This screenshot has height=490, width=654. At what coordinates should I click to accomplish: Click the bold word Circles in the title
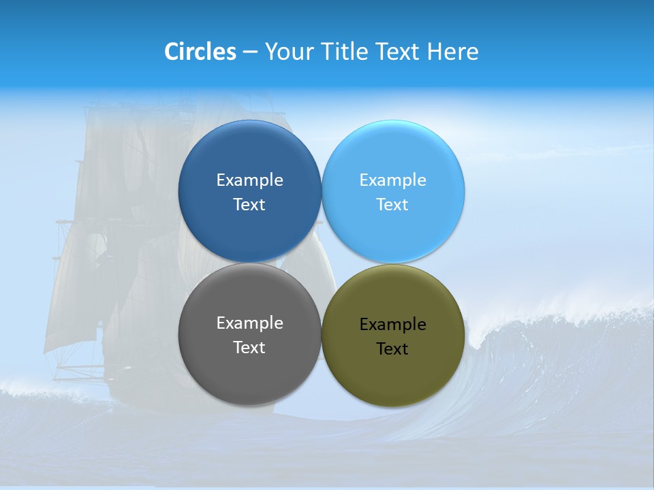pos(200,52)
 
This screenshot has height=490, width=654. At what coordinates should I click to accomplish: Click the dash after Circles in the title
pos(250,52)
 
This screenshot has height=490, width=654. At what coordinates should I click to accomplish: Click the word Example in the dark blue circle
pos(249,180)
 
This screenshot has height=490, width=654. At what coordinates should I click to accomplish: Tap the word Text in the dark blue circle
pos(249,204)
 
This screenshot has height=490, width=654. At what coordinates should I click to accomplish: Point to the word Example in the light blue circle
pos(392,180)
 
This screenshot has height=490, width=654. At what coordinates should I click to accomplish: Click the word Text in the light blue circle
pos(392,204)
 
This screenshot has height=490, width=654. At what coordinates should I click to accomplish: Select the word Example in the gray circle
pos(249,323)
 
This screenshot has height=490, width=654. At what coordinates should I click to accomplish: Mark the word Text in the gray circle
pos(249,347)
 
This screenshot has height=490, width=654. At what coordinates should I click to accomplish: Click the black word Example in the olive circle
pos(392,324)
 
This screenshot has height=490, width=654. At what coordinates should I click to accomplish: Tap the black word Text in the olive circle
pos(392,348)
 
